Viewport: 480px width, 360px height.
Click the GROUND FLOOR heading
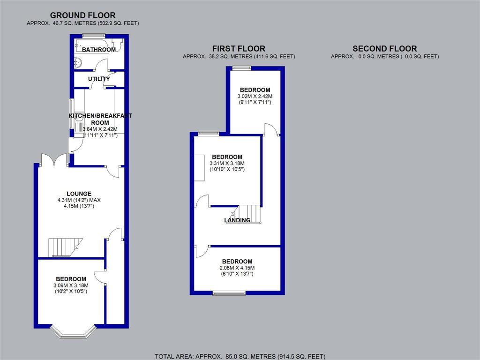click(x=82, y=15)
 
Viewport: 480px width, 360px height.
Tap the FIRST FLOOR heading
click(x=239, y=49)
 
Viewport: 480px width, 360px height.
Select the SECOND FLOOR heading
click(x=384, y=49)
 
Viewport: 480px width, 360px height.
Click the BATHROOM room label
click(x=99, y=50)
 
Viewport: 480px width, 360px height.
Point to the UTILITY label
click(x=99, y=79)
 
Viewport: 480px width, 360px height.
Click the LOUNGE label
click(x=79, y=194)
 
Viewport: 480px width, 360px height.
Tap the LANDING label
click(x=237, y=220)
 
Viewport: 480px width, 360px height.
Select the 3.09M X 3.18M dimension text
click(x=71, y=285)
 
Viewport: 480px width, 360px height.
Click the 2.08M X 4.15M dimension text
click(x=237, y=268)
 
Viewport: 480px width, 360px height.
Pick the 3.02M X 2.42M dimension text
click(x=255, y=96)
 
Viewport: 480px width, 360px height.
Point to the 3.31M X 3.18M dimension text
click(x=227, y=163)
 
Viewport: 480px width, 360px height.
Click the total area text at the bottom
click(x=240, y=356)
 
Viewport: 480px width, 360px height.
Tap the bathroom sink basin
click(x=78, y=62)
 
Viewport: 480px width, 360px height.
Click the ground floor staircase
click(x=65, y=247)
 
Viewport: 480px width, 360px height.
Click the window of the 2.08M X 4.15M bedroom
click(x=229, y=293)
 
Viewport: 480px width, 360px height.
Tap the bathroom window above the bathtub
click(x=91, y=36)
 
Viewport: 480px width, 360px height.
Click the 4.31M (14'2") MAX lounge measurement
click(x=79, y=200)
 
